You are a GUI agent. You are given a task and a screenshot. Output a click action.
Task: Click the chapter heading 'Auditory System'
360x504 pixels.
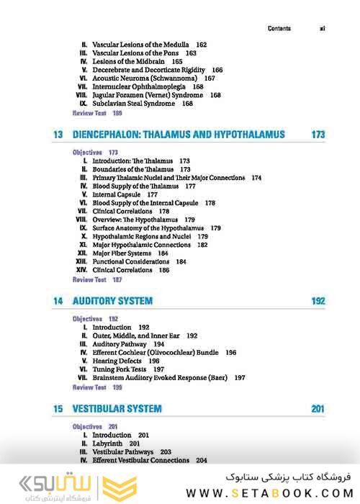pos(112,301)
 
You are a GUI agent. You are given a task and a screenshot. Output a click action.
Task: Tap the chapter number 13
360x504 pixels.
pos(58,135)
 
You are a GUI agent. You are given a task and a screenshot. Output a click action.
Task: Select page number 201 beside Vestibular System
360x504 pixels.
pos(318,409)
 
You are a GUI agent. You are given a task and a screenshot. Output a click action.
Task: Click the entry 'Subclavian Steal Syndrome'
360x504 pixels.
pos(133,104)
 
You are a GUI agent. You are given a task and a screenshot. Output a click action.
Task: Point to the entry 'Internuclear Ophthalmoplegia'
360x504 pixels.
pos(138,86)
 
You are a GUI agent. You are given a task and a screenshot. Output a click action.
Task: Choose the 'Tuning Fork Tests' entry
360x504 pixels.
pos(119,369)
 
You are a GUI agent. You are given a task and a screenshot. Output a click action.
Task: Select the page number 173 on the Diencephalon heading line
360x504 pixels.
pos(318,135)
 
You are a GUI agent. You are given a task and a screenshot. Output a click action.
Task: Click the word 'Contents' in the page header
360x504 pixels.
pos(279,29)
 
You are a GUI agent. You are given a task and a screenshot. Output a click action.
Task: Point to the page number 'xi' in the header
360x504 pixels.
pos(322,29)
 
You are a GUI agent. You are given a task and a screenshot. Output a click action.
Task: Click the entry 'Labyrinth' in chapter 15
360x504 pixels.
pos(109,444)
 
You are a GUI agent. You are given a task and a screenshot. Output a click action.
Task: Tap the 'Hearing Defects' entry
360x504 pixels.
pos(117,360)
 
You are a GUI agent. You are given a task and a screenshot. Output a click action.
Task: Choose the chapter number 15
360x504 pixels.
pos(58,409)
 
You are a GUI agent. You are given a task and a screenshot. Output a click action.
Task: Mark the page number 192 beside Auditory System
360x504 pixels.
pos(318,301)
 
